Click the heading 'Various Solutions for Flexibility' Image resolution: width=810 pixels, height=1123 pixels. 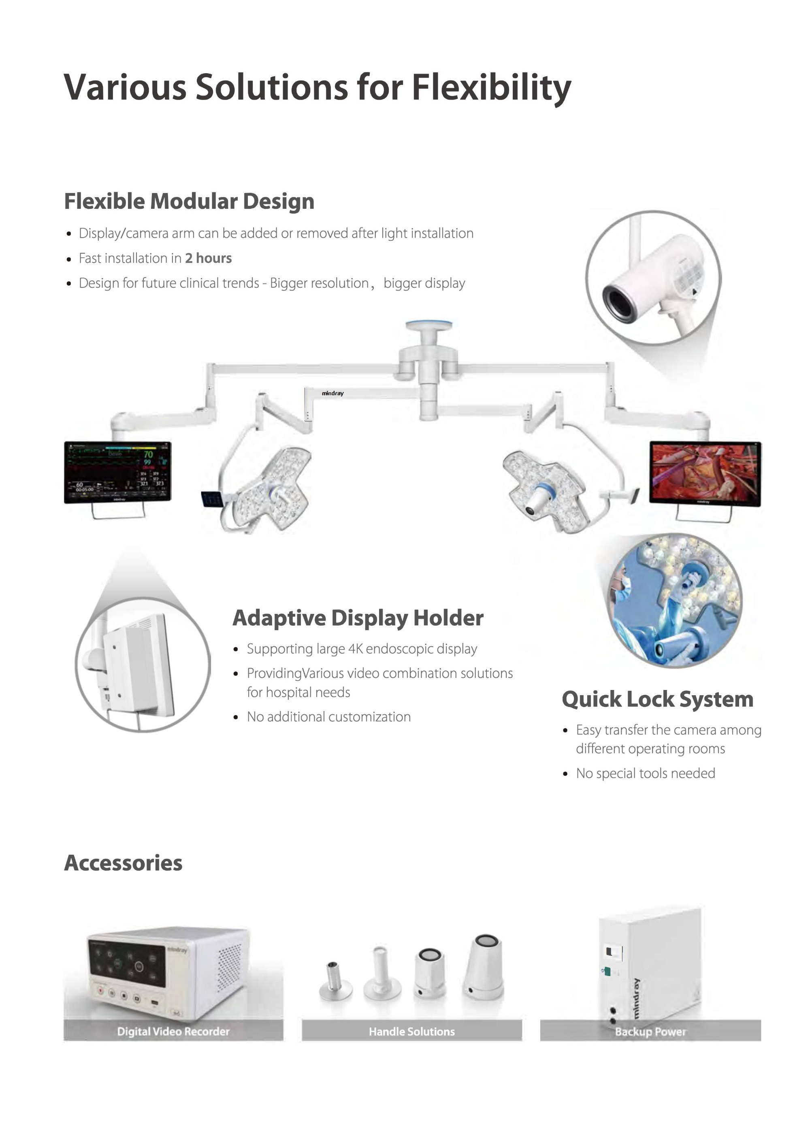(x=317, y=87)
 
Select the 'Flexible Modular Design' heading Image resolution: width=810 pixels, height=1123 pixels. (x=189, y=202)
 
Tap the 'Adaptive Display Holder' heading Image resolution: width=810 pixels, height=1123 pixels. (x=358, y=618)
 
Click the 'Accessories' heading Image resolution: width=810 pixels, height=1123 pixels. (x=124, y=862)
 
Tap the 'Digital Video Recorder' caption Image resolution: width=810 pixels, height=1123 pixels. (x=173, y=1032)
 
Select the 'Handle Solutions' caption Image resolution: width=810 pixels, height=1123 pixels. (x=412, y=1032)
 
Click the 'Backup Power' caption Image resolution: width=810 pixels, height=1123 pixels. (x=650, y=1032)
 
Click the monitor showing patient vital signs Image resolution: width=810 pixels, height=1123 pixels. (x=117, y=472)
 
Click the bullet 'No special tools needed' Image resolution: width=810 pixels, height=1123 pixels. (x=645, y=773)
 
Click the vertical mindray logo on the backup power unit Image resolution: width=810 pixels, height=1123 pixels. (x=637, y=998)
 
